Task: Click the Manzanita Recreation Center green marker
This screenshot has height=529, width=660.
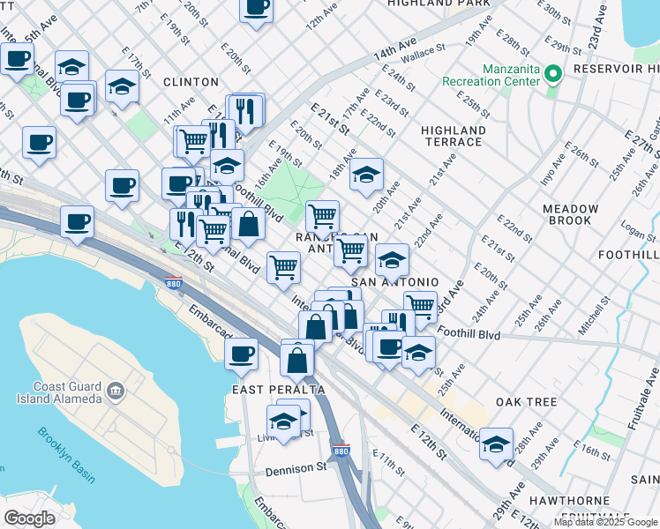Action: point(553,73)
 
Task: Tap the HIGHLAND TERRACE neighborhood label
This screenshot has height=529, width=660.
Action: point(453,137)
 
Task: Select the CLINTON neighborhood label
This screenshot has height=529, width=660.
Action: point(190,82)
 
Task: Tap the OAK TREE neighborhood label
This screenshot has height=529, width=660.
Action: point(526,402)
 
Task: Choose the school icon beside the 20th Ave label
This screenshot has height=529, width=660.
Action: point(366,174)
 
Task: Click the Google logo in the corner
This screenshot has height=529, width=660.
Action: point(29,518)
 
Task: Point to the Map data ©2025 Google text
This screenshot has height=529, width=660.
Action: point(604,522)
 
